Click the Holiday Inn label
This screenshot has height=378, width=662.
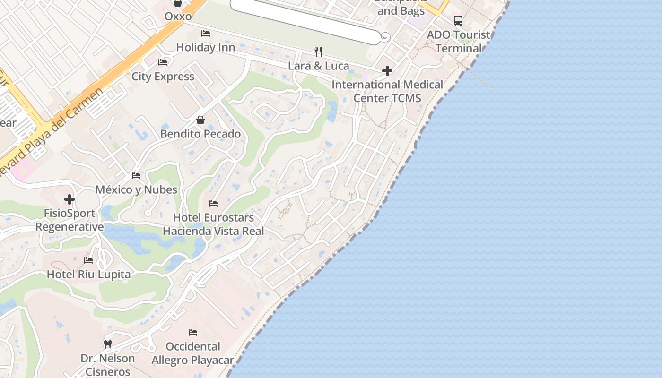(205, 47)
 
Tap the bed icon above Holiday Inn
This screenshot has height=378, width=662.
(206, 34)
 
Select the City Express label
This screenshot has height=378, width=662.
(163, 77)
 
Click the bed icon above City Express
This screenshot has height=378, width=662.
(163, 62)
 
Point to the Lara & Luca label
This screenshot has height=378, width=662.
(318, 66)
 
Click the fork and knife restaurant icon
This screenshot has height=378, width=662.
(318, 52)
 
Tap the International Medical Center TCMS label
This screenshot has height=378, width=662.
(387, 91)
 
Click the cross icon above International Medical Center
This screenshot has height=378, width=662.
(387, 71)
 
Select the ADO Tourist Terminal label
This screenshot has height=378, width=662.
(458, 42)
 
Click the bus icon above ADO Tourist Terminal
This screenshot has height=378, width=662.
(458, 21)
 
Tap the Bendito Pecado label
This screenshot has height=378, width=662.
(200, 134)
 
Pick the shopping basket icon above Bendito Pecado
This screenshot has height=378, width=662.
(200, 120)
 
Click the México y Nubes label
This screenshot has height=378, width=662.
(136, 189)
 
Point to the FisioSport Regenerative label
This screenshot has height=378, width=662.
(70, 220)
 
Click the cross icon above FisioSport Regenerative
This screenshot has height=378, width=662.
(70, 199)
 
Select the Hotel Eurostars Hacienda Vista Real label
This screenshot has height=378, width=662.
(213, 224)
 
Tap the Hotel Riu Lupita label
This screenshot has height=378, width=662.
(88, 274)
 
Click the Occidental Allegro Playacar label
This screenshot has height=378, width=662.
(192, 353)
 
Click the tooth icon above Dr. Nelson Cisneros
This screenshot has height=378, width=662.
(108, 344)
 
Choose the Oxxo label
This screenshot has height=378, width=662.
(178, 17)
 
